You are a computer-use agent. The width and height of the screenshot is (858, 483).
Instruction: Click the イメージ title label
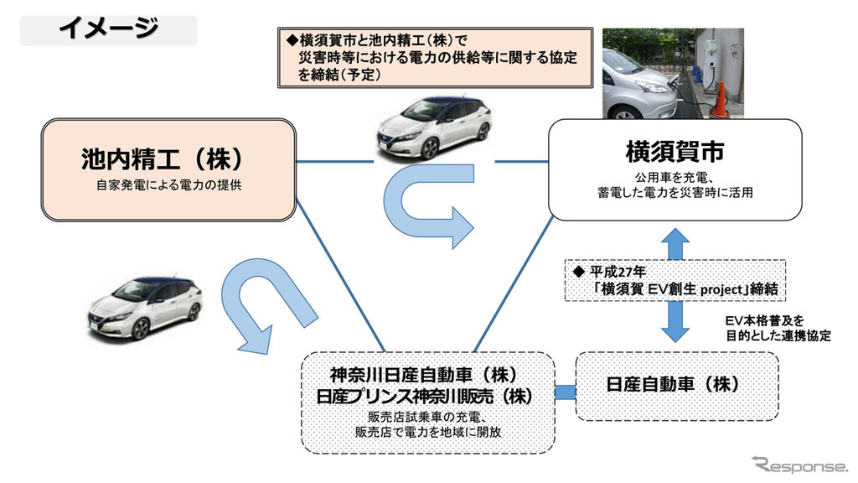coord(108,29)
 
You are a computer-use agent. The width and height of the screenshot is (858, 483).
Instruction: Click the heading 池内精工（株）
coord(168,158)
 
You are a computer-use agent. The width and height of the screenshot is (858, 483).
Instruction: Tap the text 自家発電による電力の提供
coord(168,184)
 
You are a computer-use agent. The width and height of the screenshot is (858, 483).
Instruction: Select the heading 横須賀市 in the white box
coord(675,152)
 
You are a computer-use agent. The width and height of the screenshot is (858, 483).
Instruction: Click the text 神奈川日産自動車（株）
coord(428,374)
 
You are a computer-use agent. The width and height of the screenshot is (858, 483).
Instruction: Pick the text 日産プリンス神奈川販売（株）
coord(428,394)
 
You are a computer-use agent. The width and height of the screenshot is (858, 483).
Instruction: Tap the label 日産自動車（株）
coord(677,385)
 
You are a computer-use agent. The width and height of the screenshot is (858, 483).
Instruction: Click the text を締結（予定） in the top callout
coord(339,75)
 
